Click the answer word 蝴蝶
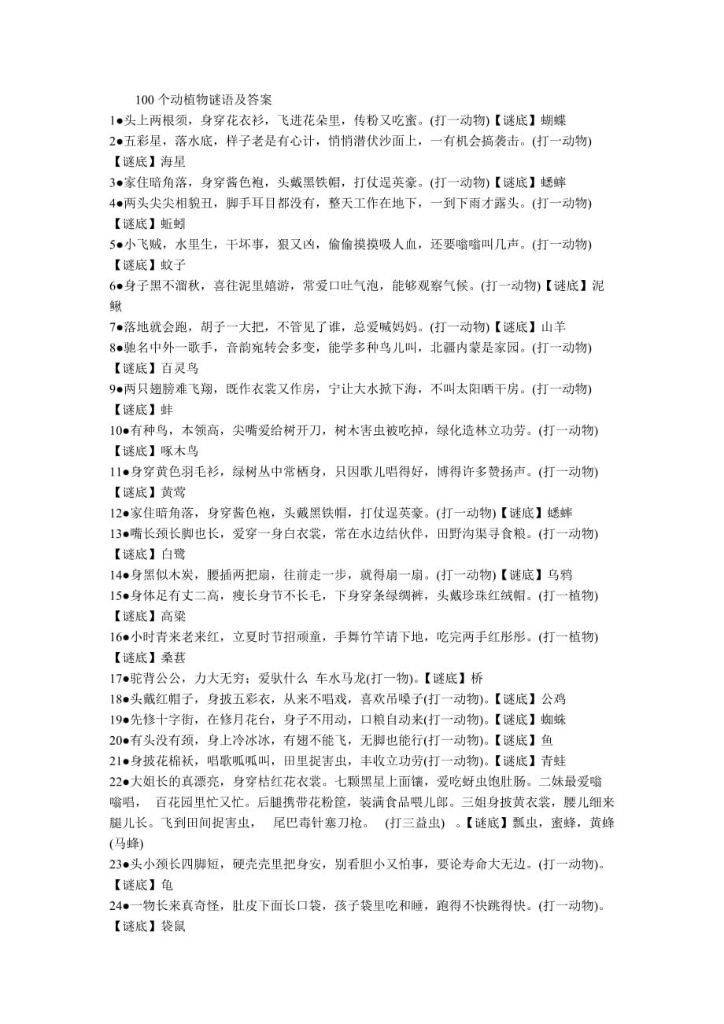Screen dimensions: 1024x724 554,120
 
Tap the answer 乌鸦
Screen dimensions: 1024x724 560,575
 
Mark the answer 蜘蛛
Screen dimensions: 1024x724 554,718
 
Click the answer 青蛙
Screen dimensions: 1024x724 554,760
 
